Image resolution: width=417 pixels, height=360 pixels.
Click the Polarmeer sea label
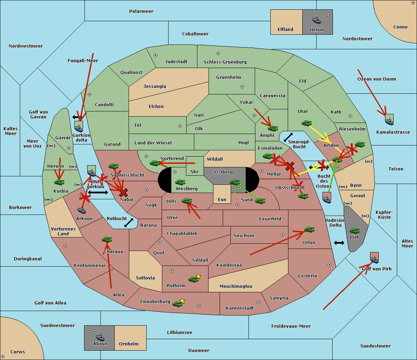pyautogui.click(x=141, y=11)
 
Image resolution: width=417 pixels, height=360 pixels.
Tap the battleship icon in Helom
pyautogui.click(x=316, y=20)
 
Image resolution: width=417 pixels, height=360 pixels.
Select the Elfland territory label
pyautogui.click(x=285, y=30)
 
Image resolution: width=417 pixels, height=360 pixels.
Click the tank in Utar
pyautogui.click(x=306, y=123)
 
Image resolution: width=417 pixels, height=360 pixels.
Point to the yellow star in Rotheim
pyautogui.click(x=198, y=276)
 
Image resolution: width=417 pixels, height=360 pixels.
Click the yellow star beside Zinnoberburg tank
pyautogui.click(x=182, y=301)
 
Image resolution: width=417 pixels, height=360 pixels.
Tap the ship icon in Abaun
pyautogui.click(x=100, y=337)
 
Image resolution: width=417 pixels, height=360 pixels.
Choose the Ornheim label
pyautogui.click(x=129, y=344)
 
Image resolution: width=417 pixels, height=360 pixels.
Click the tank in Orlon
pyautogui.click(x=309, y=229)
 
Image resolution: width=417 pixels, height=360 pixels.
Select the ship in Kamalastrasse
pyautogui.click(x=389, y=120)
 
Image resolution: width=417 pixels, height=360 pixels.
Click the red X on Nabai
pyautogui.click(x=123, y=193)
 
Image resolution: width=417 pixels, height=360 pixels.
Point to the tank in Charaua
pyautogui.click(x=107, y=240)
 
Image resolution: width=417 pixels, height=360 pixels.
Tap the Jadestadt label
pyautogui.click(x=176, y=62)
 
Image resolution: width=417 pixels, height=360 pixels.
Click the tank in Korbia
pyautogui.click(x=59, y=182)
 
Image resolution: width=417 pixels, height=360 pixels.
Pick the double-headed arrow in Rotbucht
pyautogui.click(x=129, y=223)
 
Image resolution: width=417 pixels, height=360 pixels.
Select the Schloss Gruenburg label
pyautogui.click(x=225, y=62)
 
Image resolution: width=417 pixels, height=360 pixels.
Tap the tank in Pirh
pyautogui.click(x=354, y=231)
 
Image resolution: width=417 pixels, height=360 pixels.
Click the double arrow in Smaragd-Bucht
pyautogui.click(x=288, y=137)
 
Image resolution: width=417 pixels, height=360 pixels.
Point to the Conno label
pyautogui.click(x=400, y=27)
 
